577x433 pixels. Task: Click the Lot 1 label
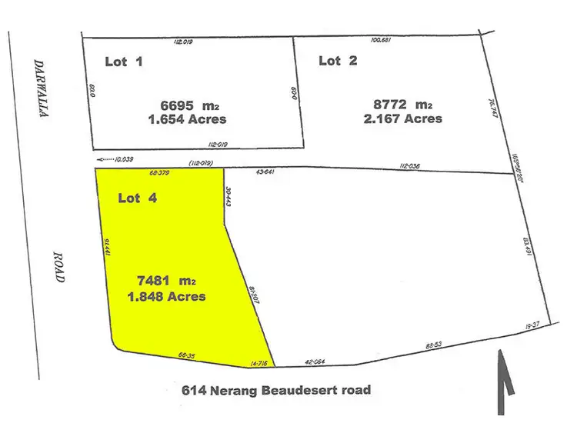pyautogui.click(x=123, y=61)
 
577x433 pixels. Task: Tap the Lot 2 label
pyautogui.click(x=338, y=61)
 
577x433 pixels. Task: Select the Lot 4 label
pyautogui.click(x=137, y=198)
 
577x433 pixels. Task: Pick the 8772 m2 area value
pyautogui.click(x=402, y=104)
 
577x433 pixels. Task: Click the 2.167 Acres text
pyautogui.click(x=402, y=119)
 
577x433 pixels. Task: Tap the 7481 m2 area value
pyautogui.click(x=166, y=281)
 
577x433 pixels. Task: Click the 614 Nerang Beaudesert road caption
pyautogui.click(x=276, y=390)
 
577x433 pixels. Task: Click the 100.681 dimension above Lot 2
pyautogui.click(x=382, y=39)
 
